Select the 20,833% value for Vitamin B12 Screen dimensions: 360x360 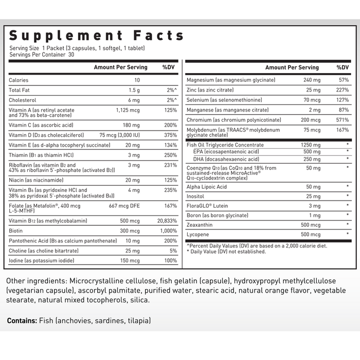(x=165, y=221)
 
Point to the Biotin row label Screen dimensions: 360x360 (x=16, y=231)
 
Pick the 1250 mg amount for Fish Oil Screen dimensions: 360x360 (x=311, y=145)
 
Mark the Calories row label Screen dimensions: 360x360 (x=19, y=80)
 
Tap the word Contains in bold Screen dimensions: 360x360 (x=22, y=320)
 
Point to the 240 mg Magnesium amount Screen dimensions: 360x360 (x=312, y=80)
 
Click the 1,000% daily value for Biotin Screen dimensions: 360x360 (x=168, y=231)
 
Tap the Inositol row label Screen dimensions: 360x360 (x=196, y=196)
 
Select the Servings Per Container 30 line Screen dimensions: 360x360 (x=42, y=55)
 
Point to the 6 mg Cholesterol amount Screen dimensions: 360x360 (x=133, y=100)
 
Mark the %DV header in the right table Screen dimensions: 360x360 (x=343, y=67)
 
